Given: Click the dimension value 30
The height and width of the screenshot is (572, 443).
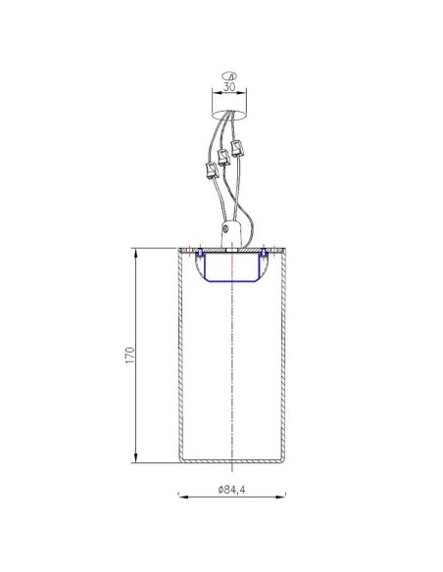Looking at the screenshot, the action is click(229, 87).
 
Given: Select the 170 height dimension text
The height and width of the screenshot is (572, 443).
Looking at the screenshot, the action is click(130, 355).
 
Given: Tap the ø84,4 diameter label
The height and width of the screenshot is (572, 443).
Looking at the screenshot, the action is click(231, 490).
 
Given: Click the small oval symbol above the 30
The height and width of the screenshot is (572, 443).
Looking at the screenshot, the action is click(229, 76).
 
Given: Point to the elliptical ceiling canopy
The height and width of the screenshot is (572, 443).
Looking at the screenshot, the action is click(229, 115).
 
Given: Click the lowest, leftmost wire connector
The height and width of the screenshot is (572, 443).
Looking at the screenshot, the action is click(212, 170).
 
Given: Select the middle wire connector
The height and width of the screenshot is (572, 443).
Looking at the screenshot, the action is click(222, 158).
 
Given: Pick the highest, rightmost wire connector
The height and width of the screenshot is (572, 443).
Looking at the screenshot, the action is click(237, 148).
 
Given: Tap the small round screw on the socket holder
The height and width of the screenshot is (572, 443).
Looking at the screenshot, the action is click(225, 229).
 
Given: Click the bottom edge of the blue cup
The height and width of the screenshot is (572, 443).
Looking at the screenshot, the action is click(232, 281).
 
